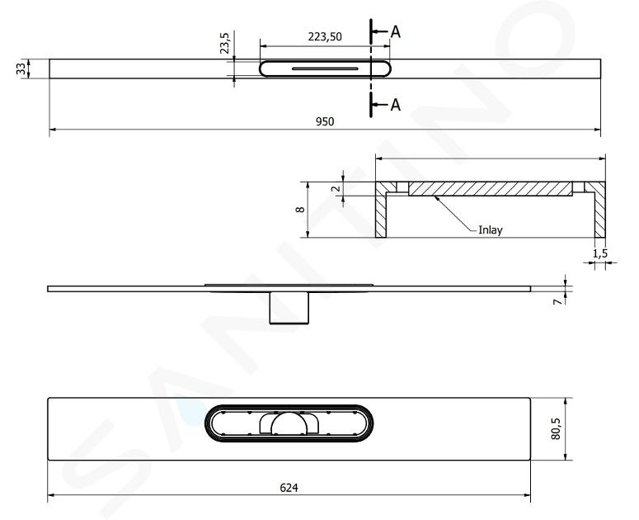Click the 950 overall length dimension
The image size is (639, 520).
[x=325, y=121]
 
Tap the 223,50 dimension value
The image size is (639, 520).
[x=325, y=37]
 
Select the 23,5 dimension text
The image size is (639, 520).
[x=225, y=43]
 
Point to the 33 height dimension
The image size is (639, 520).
[x=21, y=69]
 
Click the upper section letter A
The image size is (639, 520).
[x=395, y=32]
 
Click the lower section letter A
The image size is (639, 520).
[x=395, y=105]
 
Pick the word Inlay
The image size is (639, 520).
[x=491, y=230]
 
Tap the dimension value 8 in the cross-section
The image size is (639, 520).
[x=300, y=210]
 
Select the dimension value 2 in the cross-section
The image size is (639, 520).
[x=336, y=188]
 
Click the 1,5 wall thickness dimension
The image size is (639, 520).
[x=599, y=253]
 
